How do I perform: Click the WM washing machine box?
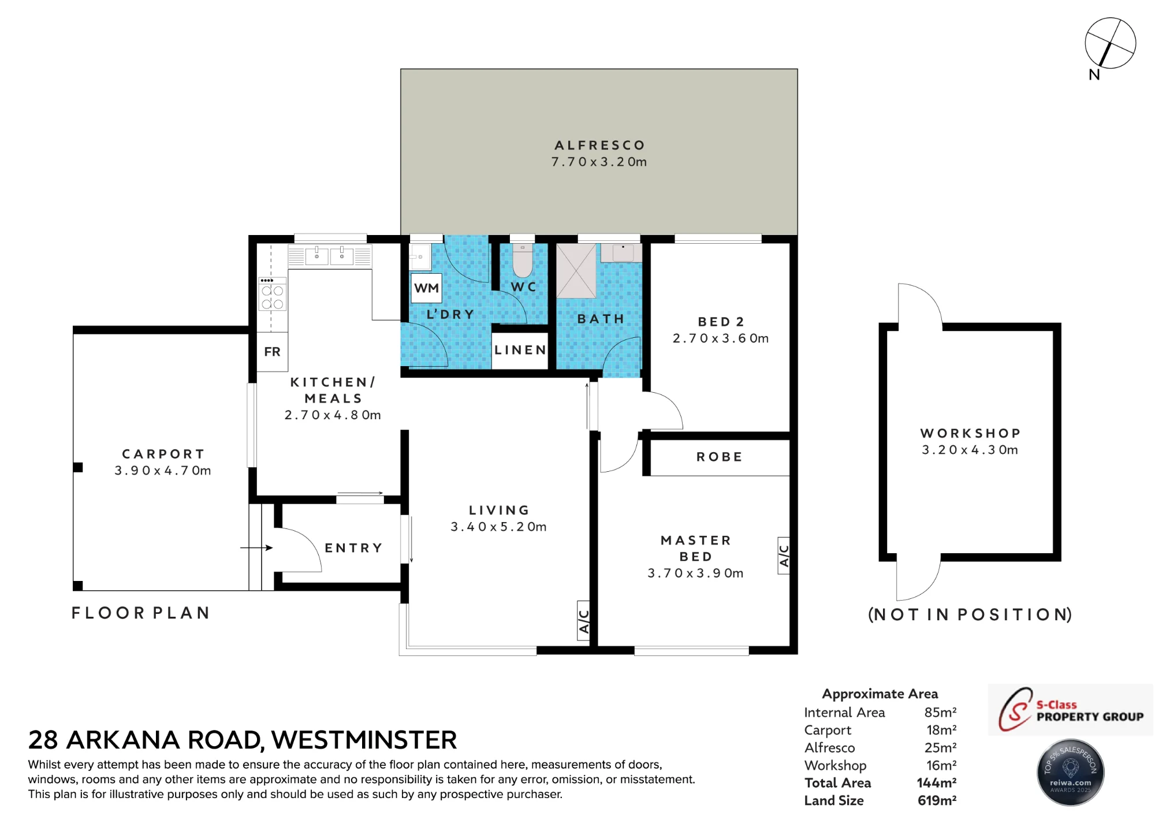pyautogui.click(x=427, y=288)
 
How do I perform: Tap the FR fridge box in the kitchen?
pyautogui.click(x=272, y=352)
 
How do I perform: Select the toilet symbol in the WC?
pyautogui.click(x=523, y=260)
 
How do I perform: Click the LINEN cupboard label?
pyautogui.click(x=520, y=350)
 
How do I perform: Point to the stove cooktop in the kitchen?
pyautogui.click(x=272, y=293)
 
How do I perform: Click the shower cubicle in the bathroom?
pyautogui.click(x=576, y=271)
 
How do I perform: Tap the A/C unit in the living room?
pyautogui.click(x=583, y=621)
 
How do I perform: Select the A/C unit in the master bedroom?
pyautogui.click(x=784, y=555)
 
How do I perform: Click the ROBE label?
pyautogui.click(x=719, y=457)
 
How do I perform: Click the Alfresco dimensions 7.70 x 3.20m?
pyautogui.click(x=599, y=162)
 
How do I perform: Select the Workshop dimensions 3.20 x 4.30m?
pyautogui.click(x=970, y=450)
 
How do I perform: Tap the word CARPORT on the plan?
pyautogui.click(x=163, y=454)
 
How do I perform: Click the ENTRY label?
pyautogui.click(x=353, y=547)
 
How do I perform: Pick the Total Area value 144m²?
pyautogui.click(x=936, y=783)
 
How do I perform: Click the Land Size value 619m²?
pyautogui.click(x=937, y=800)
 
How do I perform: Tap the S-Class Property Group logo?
pyautogui.click(x=1070, y=710)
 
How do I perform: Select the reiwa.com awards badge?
pyautogui.click(x=1071, y=772)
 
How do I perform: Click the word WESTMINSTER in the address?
pyautogui.click(x=364, y=740)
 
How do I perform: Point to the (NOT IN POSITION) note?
pyautogui.click(x=970, y=614)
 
